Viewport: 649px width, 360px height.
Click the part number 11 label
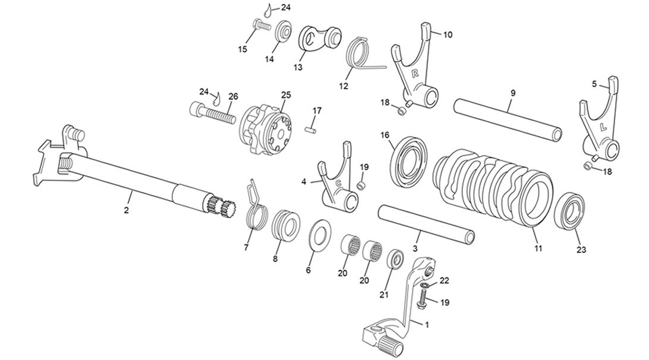(538, 248)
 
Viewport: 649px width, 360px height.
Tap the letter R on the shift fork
(415, 73)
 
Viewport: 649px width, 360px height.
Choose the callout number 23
(581, 250)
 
